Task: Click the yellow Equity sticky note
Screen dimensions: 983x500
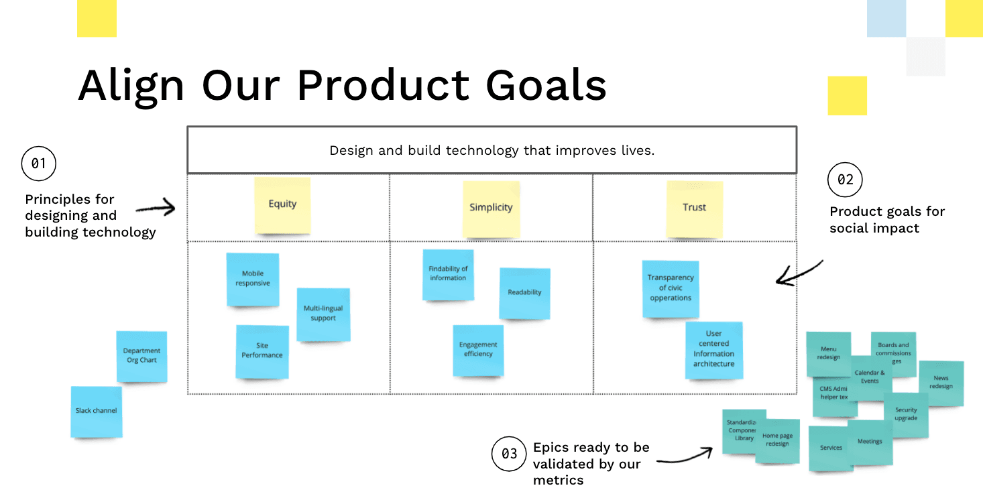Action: pos(282,205)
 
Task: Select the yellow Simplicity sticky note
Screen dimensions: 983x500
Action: pos(491,208)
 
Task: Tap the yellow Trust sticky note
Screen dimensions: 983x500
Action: pos(694,208)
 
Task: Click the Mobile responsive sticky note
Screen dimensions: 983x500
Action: pos(253,279)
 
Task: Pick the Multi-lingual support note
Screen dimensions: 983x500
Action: pos(323,314)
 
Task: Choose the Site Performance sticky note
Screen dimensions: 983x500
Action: pos(262,351)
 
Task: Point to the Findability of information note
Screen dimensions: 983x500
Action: pos(448,274)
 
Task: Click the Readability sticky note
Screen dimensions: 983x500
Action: pos(524,294)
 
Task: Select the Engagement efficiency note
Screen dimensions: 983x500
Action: pos(478,350)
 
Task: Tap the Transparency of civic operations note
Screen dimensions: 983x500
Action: pos(671,289)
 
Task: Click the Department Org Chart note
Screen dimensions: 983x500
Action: pos(141,356)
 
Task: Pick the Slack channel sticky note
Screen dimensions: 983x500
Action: pos(97,412)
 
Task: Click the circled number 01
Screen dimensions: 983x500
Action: pos(39,164)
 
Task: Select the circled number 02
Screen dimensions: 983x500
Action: pos(845,180)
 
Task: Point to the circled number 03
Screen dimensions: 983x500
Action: pos(510,454)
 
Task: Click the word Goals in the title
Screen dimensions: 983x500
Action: pos(546,86)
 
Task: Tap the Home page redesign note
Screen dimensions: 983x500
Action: pos(778,441)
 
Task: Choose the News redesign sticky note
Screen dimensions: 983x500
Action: pos(941,383)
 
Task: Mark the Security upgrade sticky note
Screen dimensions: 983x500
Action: pos(906,415)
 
